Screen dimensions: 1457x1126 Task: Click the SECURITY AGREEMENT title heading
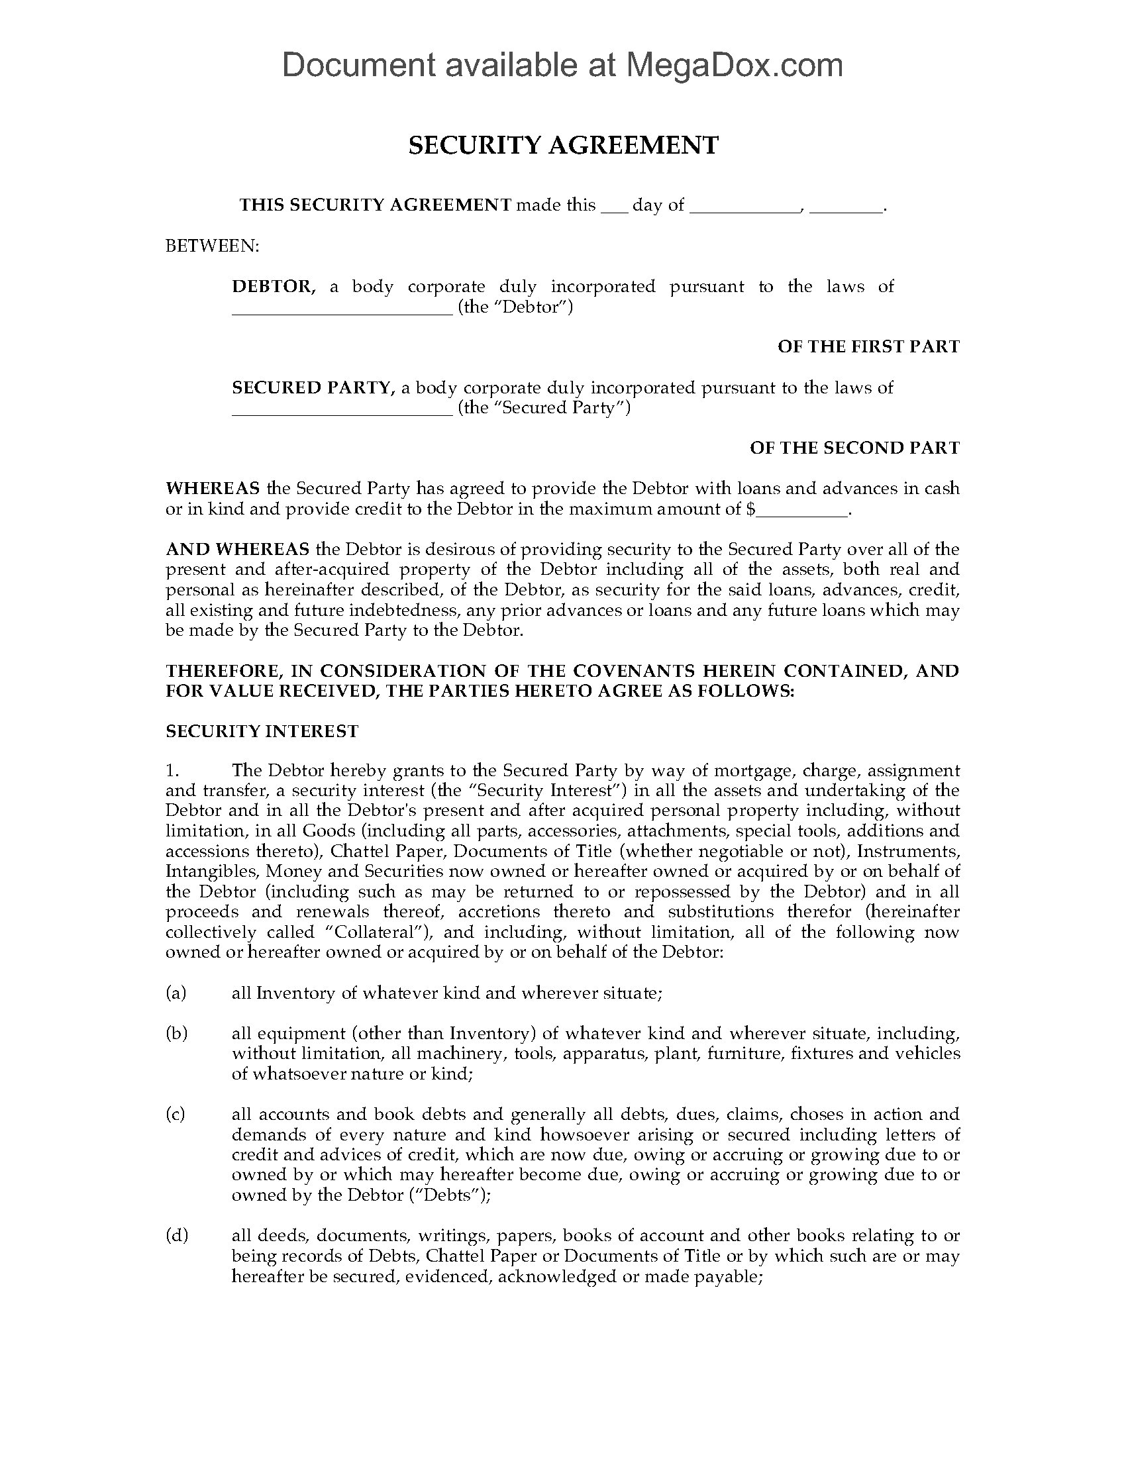tap(563, 146)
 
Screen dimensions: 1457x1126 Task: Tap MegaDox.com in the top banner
tap(733, 66)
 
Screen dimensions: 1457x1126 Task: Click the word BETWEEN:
tap(211, 246)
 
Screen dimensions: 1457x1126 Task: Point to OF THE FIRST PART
tap(868, 347)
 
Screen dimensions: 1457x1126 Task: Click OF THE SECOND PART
tap(854, 448)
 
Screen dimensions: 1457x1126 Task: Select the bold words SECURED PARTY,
tap(313, 387)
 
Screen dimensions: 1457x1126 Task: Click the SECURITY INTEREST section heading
tap(262, 732)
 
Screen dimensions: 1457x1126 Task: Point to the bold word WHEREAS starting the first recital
tap(212, 488)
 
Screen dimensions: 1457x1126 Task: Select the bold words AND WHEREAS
tap(238, 550)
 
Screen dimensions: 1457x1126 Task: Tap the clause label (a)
tap(176, 993)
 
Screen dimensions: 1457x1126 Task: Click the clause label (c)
tap(176, 1114)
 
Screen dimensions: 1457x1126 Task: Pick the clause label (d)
tap(176, 1236)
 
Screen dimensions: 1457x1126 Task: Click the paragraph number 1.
tap(172, 770)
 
